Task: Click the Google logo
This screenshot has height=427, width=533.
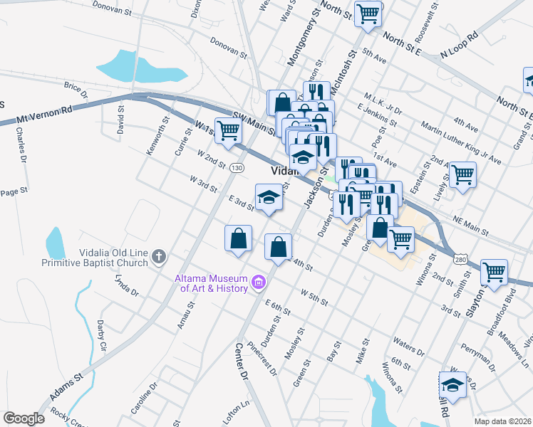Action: click(24, 418)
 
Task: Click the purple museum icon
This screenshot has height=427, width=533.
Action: click(258, 285)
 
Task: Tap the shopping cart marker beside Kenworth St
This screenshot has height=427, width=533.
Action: click(228, 131)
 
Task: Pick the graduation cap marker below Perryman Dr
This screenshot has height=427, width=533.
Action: click(452, 385)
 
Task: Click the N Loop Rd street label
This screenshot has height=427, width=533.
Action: click(460, 44)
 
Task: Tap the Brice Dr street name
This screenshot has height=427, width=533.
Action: click(76, 90)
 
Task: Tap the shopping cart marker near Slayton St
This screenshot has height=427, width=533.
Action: click(493, 271)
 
